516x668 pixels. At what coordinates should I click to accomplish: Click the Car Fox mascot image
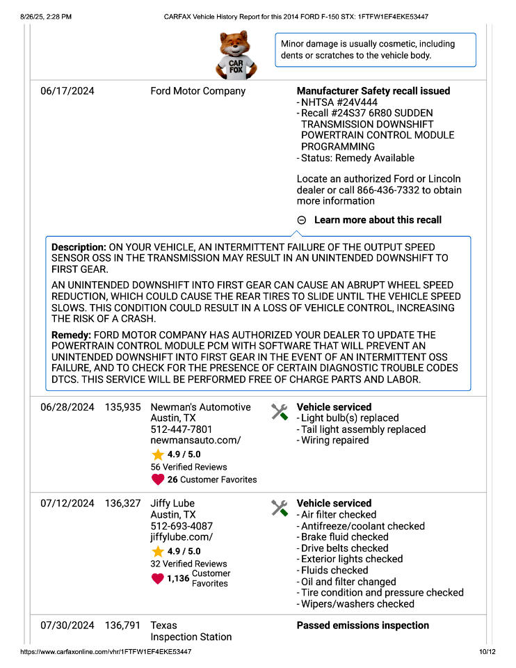point(237,56)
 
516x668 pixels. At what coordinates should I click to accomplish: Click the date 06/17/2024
point(67,91)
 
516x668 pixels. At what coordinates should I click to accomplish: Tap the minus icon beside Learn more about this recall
point(302,220)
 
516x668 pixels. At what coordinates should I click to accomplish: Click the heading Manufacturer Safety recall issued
point(373,91)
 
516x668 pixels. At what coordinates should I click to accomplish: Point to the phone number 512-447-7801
point(182,429)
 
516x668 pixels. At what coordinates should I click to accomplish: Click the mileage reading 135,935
point(123,407)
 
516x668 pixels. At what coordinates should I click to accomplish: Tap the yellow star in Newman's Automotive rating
point(158,454)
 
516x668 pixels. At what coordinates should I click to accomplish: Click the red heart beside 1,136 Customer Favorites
point(158,578)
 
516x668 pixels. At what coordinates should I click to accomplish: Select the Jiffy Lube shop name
point(172,503)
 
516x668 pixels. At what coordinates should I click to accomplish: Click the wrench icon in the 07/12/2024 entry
point(279,509)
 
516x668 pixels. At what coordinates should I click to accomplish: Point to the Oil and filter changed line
point(348,582)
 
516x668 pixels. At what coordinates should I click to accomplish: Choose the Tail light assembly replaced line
point(363,429)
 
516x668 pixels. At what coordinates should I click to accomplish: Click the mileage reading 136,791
point(123,626)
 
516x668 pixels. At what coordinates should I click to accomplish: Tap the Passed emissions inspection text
point(362,626)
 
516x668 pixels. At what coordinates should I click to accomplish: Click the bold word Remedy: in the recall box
point(72,335)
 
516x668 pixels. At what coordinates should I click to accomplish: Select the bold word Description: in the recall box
point(79,247)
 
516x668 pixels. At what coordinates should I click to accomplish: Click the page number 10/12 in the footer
point(487,652)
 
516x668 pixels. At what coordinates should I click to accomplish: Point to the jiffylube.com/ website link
point(182,537)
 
